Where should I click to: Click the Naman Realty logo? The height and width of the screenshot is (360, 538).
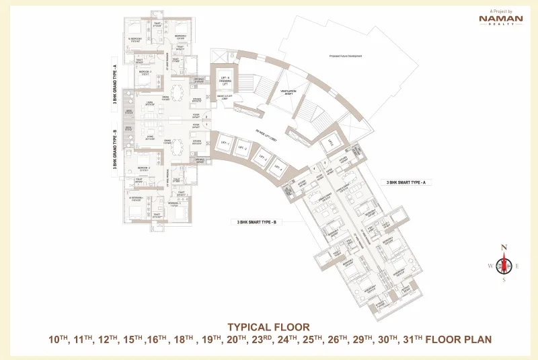[501, 20]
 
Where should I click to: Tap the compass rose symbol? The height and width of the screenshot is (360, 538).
[502, 264]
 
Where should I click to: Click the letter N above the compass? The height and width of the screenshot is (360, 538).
[502, 246]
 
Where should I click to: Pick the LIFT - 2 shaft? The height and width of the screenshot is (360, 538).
[240, 149]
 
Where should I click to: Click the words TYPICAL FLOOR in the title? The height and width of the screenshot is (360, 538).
[268, 328]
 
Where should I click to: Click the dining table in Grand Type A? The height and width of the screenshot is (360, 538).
[178, 91]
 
